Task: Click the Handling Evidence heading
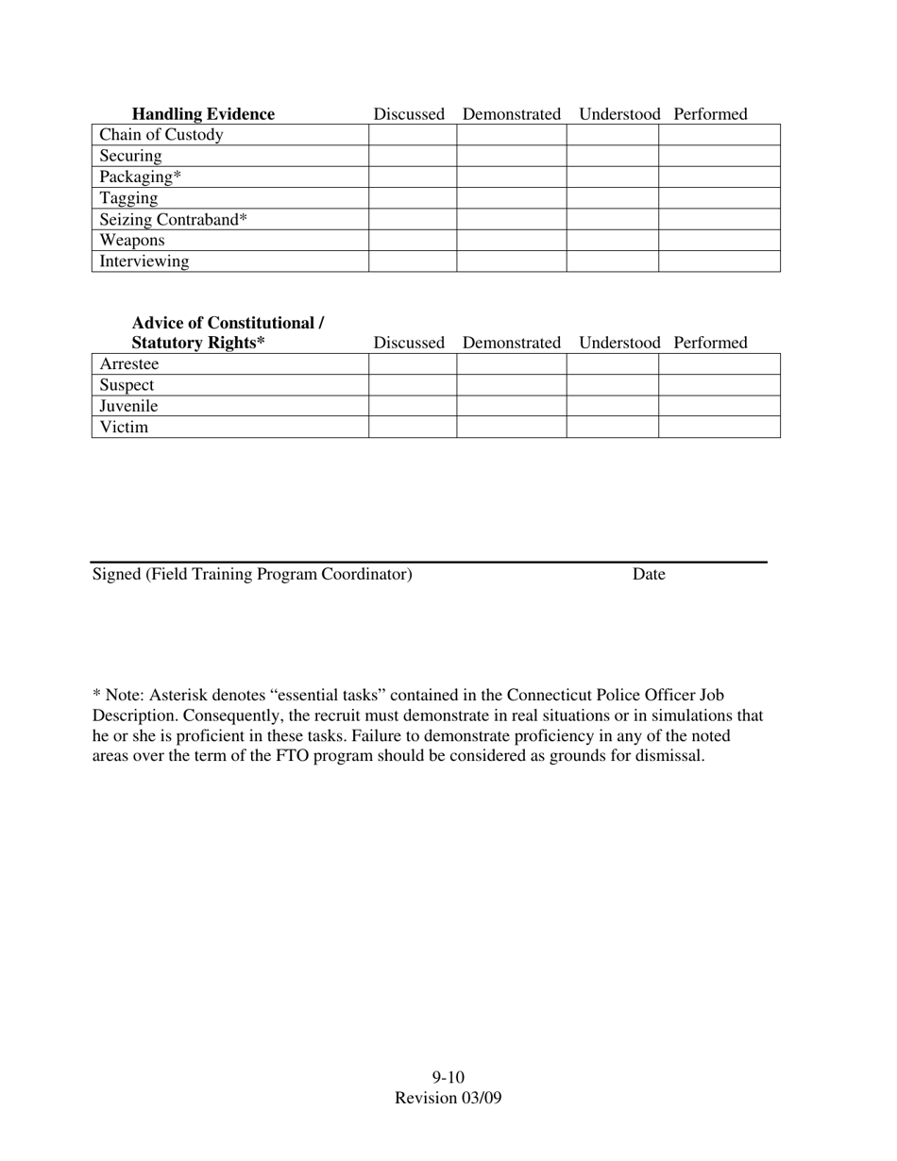click(203, 114)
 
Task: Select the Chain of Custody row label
click(161, 135)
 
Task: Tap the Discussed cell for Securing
click(413, 156)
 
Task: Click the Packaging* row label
click(141, 177)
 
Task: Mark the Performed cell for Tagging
click(719, 198)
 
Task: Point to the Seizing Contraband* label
click(174, 219)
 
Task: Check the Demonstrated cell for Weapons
click(511, 240)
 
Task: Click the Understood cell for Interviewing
click(612, 261)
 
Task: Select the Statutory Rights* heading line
click(198, 343)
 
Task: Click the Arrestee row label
click(129, 364)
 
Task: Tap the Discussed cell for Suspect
click(413, 385)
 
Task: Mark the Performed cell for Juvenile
click(719, 406)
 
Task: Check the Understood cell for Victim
click(612, 427)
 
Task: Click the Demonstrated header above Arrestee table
click(512, 343)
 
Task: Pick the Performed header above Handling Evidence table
click(710, 114)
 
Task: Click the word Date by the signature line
click(649, 574)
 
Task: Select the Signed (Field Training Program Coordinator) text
click(252, 574)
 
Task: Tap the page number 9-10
click(448, 1078)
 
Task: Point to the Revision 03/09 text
click(448, 1098)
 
